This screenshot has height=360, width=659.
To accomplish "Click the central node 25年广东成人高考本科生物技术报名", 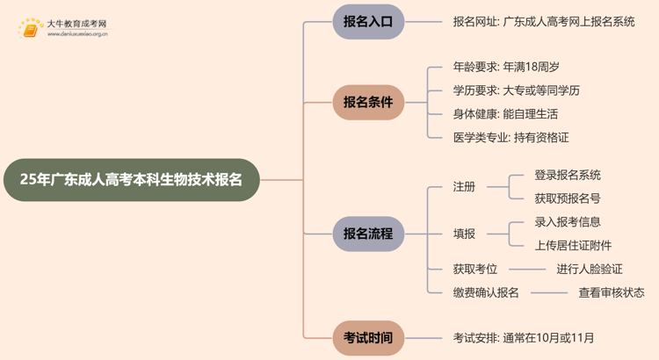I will [x=131, y=180].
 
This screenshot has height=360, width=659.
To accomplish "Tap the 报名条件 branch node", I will [x=368, y=102].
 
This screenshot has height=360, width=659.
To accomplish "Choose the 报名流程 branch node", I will [x=368, y=234].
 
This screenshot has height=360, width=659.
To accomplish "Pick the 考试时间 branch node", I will [x=368, y=336].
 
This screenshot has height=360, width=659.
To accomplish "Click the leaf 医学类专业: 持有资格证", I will [x=511, y=137].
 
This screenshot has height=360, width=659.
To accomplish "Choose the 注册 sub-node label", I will [x=464, y=186].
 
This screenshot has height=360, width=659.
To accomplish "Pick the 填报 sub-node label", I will [x=464, y=234].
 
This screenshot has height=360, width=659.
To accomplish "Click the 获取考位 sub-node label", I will [x=475, y=270].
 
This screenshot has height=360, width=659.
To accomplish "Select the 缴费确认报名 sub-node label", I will [x=486, y=292].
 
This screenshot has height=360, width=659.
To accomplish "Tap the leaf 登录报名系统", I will [x=568, y=175].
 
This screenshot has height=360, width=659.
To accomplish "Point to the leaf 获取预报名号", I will [x=568, y=198].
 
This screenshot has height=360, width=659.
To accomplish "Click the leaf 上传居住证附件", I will [x=573, y=245].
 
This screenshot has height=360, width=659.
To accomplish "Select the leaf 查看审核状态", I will [x=611, y=292].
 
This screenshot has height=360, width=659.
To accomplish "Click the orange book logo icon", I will [x=31, y=29].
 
